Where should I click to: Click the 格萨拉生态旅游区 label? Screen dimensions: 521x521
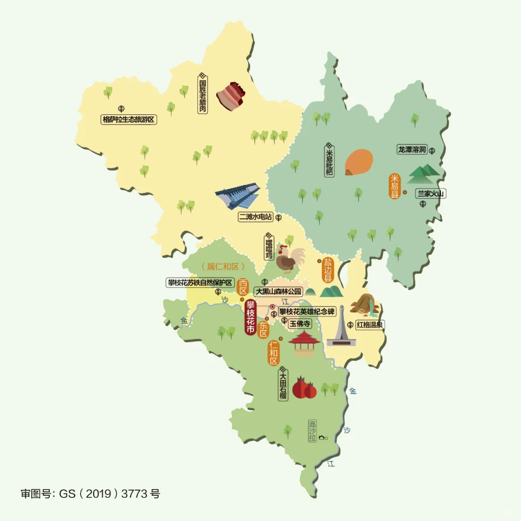[x=129, y=119]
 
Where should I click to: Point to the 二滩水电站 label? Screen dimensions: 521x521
[x=256, y=218]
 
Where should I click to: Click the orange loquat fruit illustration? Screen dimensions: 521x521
[x=359, y=162]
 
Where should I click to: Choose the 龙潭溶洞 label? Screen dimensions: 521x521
[x=412, y=150]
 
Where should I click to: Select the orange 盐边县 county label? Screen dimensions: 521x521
[x=329, y=270]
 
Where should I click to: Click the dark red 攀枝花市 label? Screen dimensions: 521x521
[x=250, y=317]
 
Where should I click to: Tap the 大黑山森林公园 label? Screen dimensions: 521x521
[x=278, y=291]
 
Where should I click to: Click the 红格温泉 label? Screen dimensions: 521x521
[x=370, y=325]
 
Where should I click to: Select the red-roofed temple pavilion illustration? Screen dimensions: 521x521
[x=304, y=343]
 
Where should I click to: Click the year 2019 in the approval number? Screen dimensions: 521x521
[x=100, y=494]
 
